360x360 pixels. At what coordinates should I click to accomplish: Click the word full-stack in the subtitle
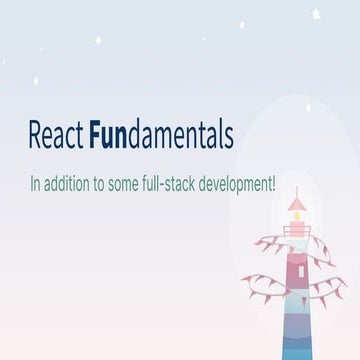(x=186, y=186)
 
